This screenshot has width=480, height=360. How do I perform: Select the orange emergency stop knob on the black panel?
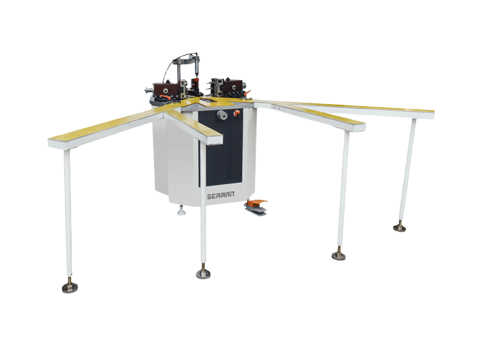pos(236,113)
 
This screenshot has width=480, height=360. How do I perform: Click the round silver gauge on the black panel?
pos(222,115)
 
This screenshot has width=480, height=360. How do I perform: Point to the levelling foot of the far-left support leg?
pos(69,286)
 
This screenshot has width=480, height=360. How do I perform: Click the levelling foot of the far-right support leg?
pos(399,227)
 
